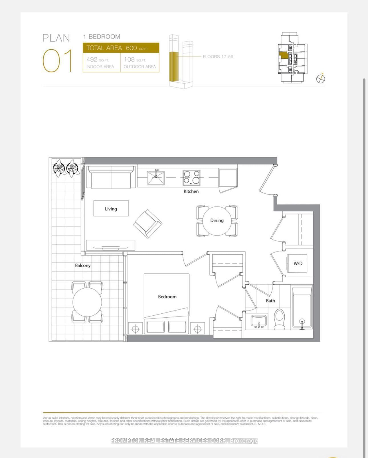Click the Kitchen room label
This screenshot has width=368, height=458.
click(x=191, y=191)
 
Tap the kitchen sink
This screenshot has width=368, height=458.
click(x=156, y=178)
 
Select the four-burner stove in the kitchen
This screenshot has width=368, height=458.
click(x=191, y=177)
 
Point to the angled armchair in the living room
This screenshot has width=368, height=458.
click(x=147, y=224)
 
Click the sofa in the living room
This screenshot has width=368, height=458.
click(x=111, y=177)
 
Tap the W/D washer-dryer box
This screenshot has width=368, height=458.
click(x=298, y=263)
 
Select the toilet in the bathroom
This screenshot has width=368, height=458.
click(x=279, y=319)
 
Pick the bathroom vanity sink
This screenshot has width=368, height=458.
click(x=259, y=321)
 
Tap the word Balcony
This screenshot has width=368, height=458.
click(x=83, y=266)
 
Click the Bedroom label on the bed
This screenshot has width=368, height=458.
click(x=167, y=297)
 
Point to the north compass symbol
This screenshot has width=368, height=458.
click(x=321, y=78)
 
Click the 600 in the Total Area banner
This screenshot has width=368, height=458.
click(x=131, y=48)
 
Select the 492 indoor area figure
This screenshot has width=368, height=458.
click(x=92, y=59)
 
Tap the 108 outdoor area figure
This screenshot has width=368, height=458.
click(x=129, y=59)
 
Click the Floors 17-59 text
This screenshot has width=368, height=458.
click(x=218, y=56)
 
